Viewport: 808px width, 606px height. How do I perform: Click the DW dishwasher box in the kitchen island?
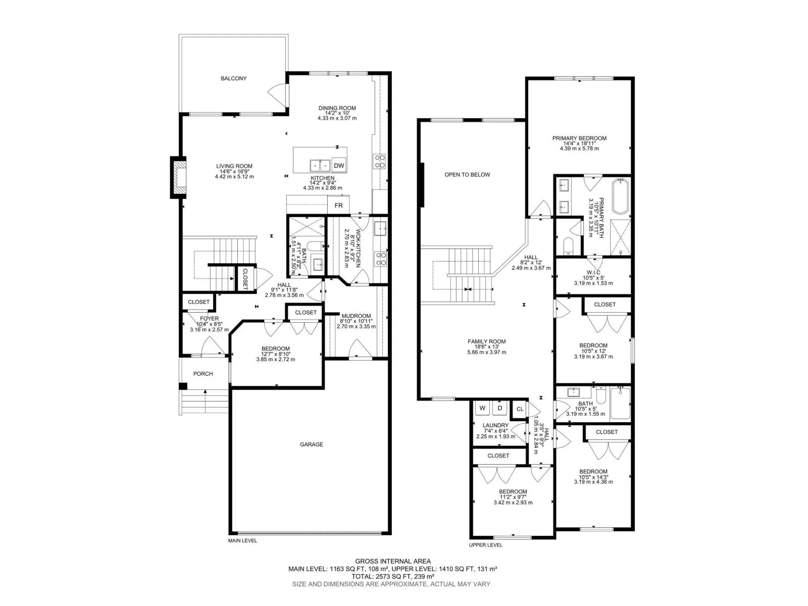tap(339, 166)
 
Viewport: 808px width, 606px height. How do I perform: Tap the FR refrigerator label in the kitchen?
tap(338, 206)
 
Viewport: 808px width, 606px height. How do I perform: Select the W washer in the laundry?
tap(482, 408)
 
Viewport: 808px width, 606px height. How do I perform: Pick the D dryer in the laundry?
tap(499, 408)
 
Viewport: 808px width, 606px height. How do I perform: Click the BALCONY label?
tap(233, 78)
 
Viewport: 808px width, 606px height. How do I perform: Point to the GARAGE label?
tap(312, 444)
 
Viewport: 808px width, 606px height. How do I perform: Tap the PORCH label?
tap(203, 374)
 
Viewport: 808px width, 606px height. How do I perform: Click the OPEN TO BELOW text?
tap(467, 175)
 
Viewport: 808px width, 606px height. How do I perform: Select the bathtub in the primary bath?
tap(621, 196)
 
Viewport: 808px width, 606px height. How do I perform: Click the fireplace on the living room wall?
tap(178, 177)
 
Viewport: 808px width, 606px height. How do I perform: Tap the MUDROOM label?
tap(356, 316)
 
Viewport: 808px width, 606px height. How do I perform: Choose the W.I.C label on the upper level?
tap(593, 273)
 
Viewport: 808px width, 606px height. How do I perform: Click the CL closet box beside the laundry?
tap(520, 409)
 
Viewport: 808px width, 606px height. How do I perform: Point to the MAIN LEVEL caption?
tap(242, 541)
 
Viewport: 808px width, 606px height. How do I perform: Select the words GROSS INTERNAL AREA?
tap(393, 562)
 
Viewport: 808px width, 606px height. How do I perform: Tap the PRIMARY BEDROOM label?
tap(579, 138)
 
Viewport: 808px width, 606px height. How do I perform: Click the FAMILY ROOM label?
tap(487, 341)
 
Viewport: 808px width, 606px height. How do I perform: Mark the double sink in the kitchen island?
tap(320, 166)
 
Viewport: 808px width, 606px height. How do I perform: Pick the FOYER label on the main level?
tap(209, 319)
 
